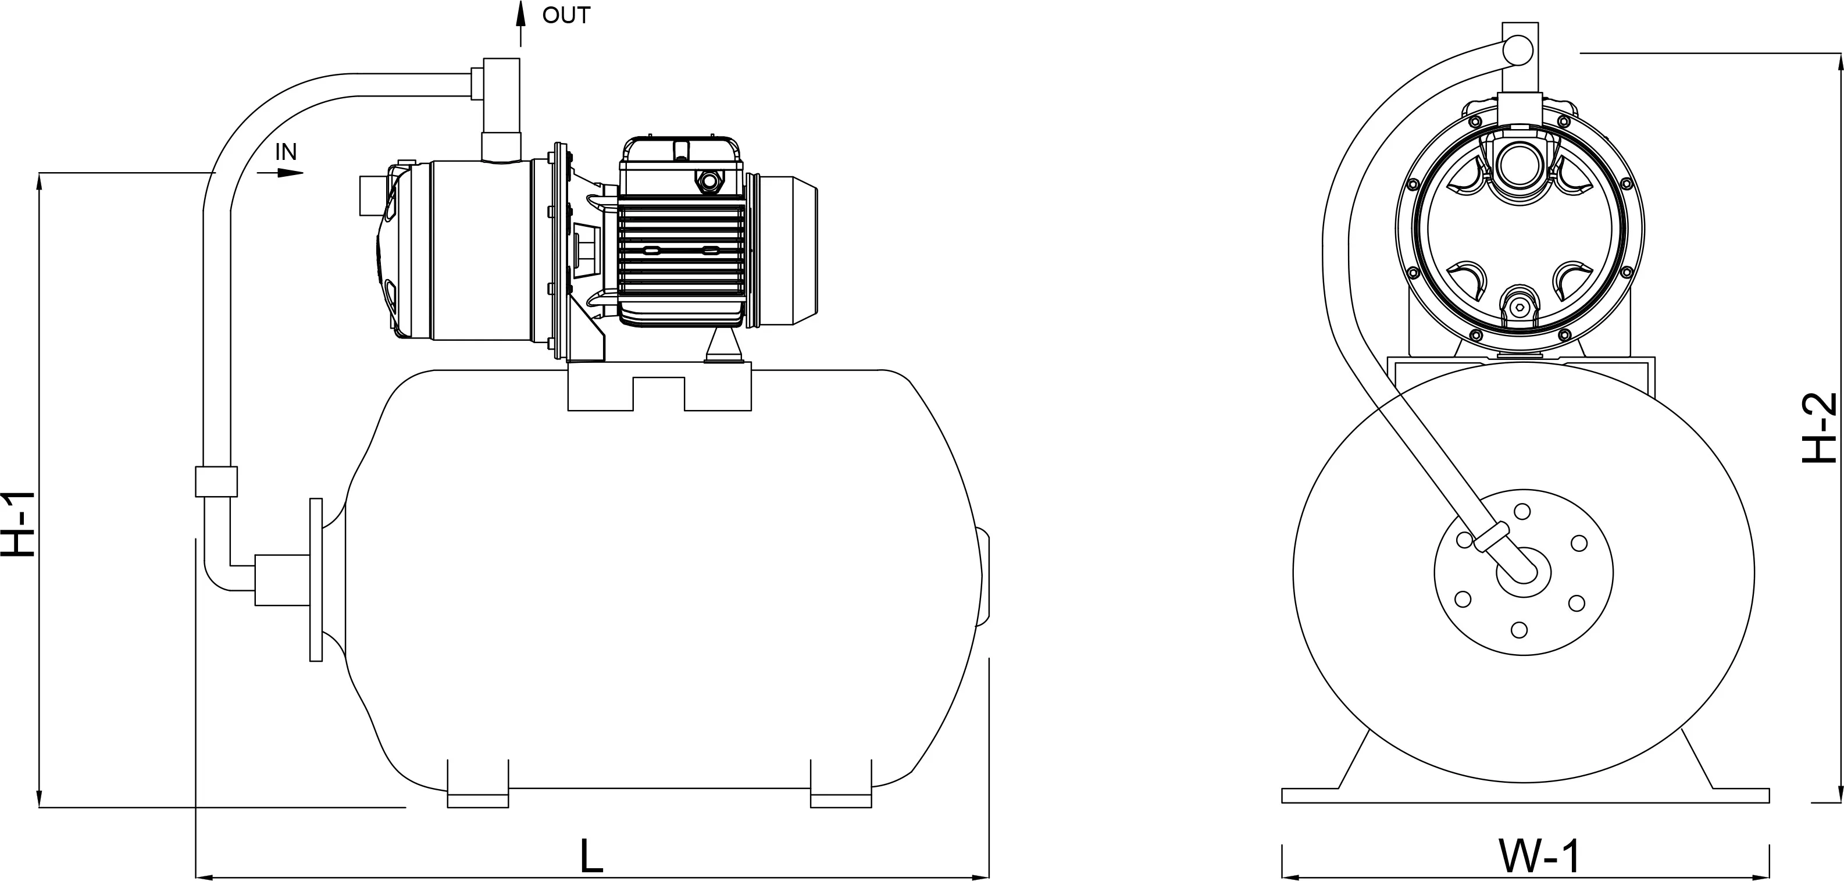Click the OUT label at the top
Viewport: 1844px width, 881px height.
point(565,16)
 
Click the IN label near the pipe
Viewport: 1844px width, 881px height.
point(286,152)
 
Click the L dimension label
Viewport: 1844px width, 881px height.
point(591,855)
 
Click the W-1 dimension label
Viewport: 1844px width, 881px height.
point(1538,856)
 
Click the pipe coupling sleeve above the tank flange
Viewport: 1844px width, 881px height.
point(216,481)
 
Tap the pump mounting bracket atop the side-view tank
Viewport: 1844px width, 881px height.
point(658,387)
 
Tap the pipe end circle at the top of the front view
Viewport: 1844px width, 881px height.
point(1517,49)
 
